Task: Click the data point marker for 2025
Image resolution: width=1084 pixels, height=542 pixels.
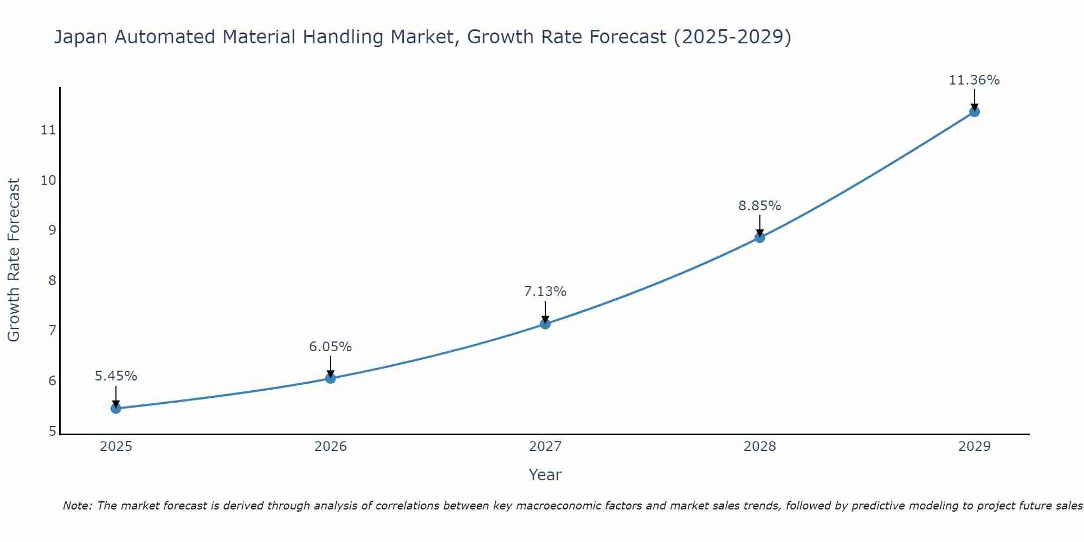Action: click(x=116, y=408)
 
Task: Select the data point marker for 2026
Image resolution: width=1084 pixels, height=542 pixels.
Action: click(x=331, y=378)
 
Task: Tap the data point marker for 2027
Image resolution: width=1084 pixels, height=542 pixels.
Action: click(x=545, y=324)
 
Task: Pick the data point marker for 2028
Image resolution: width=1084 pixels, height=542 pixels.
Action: click(x=760, y=237)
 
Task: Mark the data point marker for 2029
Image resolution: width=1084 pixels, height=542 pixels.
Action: click(x=974, y=112)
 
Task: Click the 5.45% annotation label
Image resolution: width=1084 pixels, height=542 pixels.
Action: click(x=116, y=376)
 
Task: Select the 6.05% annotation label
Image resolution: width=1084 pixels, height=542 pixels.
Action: click(x=331, y=346)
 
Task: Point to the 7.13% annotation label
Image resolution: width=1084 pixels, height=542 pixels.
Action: click(x=545, y=291)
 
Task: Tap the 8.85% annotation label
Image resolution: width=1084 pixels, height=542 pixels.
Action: click(x=760, y=205)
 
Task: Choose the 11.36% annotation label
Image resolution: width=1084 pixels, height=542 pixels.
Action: click(x=974, y=80)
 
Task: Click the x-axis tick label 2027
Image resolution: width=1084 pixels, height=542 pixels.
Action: click(x=545, y=447)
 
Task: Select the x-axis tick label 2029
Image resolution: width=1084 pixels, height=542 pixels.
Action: click(x=974, y=447)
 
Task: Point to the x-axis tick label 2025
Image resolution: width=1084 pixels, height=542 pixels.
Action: click(x=116, y=447)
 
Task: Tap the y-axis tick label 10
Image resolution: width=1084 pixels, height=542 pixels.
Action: click(x=49, y=180)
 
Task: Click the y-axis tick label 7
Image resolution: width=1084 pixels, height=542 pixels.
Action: click(x=52, y=330)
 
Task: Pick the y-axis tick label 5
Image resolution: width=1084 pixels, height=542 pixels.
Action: click(x=52, y=431)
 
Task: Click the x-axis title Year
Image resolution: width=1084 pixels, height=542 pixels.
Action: click(x=545, y=475)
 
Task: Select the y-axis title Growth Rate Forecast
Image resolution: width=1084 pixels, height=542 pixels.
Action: click(x=14, y=260)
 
